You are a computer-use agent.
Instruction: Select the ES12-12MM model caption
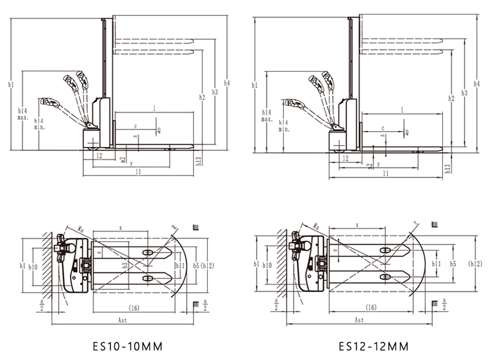(374, 345)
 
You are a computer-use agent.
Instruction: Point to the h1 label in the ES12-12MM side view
(255, 85)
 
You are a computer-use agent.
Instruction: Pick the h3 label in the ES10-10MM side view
(214, 92)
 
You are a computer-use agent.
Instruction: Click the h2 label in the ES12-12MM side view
(451, 99)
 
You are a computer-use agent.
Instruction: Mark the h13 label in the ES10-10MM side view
(198, 159)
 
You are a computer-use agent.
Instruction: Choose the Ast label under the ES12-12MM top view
(359, 320)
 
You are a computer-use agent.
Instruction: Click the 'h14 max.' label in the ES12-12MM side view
(267, 115)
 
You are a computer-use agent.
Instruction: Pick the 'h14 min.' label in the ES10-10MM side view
(39, 124)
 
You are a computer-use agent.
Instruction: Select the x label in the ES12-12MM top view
(357, 225)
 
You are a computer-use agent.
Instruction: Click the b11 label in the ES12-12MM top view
(436, 263)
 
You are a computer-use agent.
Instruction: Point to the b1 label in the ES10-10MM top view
(22, 266)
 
